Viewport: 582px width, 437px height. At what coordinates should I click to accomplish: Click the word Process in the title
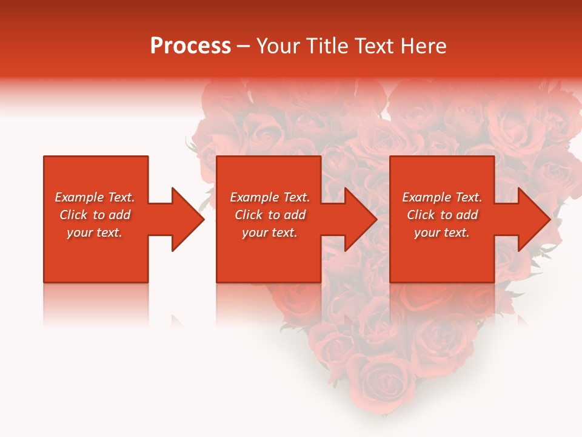pyautogui.click(x=190, y=46)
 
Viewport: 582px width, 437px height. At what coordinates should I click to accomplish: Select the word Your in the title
pyautogui.click(x=278, y=46)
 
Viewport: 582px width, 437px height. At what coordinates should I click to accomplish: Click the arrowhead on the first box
pyautogui.click(x=186, y=219)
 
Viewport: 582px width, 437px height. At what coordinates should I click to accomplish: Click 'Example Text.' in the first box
pyautogui.click(x=95, y=197)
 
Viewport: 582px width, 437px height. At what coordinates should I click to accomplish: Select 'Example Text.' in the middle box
pyautogui.click(x=269, y=197)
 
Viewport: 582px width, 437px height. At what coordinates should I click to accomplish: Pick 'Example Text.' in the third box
pyautogui.click(x=442, y=197)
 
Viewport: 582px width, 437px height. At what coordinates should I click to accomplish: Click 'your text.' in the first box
pyautogui.click(x=95, y=232)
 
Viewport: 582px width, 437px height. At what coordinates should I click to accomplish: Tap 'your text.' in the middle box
pyautogui.click(x=269, y=232)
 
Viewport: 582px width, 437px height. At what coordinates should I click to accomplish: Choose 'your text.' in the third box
pyautogui.click(x=442, y=232)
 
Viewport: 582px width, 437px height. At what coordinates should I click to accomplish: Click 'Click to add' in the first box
pyautogui.click(x=95, y=215)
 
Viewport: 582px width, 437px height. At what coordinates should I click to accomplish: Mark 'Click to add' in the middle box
pyautogui.click(x=269, y=215)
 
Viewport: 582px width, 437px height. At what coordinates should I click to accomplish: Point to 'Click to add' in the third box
pyautogui.click(x=442, y=215)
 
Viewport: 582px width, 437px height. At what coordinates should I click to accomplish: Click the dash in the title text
pyautogui.click(x=243, y=47)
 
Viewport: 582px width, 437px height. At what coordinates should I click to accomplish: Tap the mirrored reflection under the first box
pyautogui.click(x=96, y=303)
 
